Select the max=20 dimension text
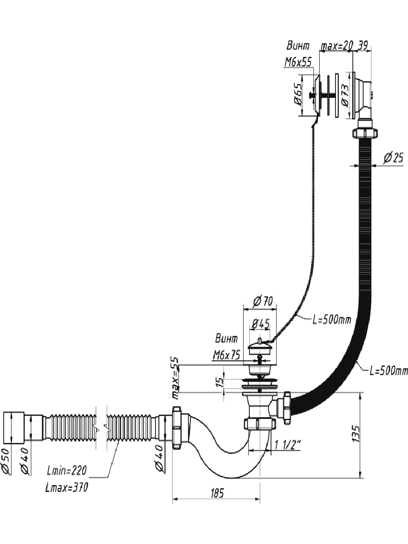[336, 46]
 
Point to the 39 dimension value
[364, 46]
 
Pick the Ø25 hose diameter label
[393, 158]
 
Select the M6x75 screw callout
[226, 356]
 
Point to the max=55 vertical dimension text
[175, 378]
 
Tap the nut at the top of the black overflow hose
[365, 133]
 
